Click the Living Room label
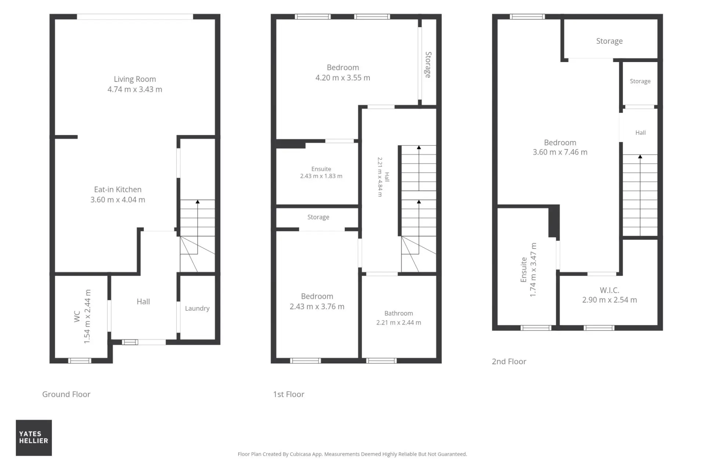(x=135, y=79)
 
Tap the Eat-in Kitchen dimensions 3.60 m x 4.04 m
(x=118, y=200)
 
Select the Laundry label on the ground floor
(x=197, y=308)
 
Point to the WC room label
(x=77, y=317)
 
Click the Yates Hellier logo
(x=34, y=438)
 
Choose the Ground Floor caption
(x=66, y=394)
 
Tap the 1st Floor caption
(x=289, y=394)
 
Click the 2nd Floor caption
(x=509, y=361)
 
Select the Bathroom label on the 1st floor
(x=399, y=313)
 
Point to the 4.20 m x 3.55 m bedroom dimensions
(x=343, y=78)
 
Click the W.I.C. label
(x=610, y=290)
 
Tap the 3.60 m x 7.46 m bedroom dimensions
(x=560, y=152)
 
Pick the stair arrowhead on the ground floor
(x=198, y=202)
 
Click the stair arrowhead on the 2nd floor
(x=640, y=157)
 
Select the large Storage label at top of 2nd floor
(x=610, y=41)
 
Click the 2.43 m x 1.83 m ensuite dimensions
(x=321, y=176)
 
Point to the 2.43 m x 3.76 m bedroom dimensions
(x=317, y=307)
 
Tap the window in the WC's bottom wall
(x=80, y=361)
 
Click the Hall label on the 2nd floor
(x=641, y=133)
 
